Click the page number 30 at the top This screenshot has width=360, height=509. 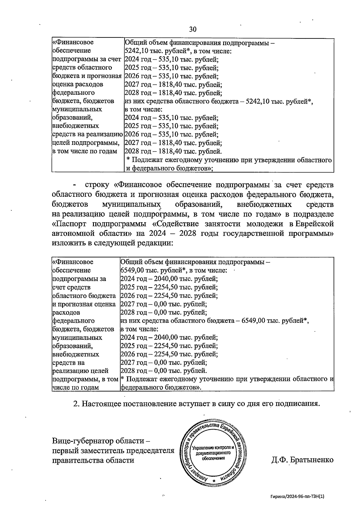point(193,29)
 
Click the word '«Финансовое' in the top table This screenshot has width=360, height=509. point(73,42)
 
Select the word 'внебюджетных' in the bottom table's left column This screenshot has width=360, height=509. point(76,354)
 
